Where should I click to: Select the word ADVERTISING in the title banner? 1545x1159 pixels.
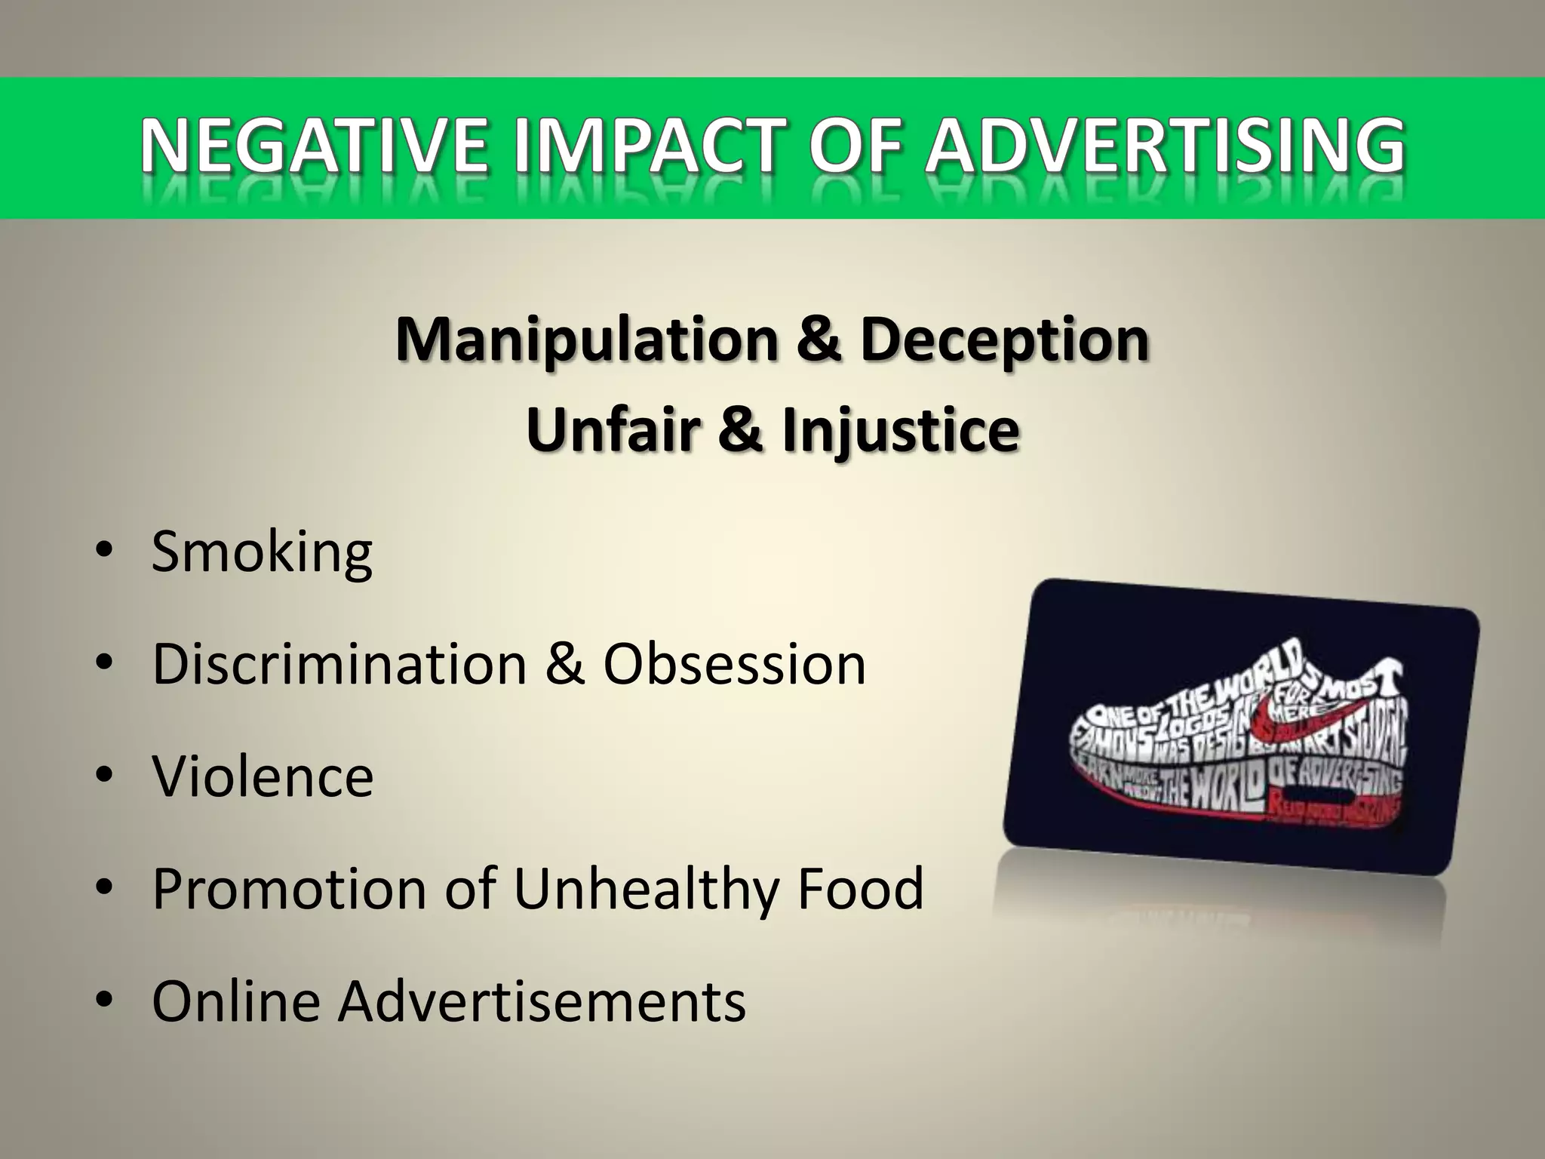click(1166, 146)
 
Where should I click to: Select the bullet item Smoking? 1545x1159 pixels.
click(262, 553)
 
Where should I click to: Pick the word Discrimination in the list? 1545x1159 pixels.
click(339, 664)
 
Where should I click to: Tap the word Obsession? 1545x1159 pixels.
click(734, 664)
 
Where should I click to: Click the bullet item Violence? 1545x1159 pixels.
click(263, 776)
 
